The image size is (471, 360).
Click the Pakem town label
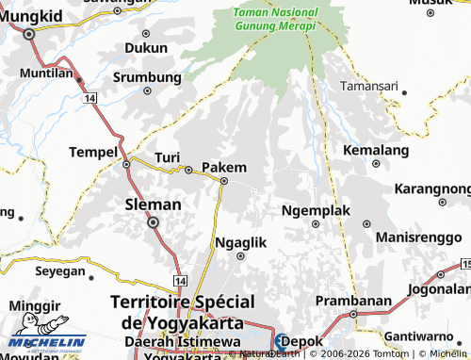224,167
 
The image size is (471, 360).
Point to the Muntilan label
46,72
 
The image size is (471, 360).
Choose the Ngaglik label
241,242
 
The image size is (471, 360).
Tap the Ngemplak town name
309,209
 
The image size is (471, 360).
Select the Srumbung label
147,77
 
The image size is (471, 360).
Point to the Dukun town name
146,46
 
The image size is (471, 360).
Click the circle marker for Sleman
153,222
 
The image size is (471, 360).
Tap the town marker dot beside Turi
189,170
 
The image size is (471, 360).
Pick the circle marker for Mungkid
29,33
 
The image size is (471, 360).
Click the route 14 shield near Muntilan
89,98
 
